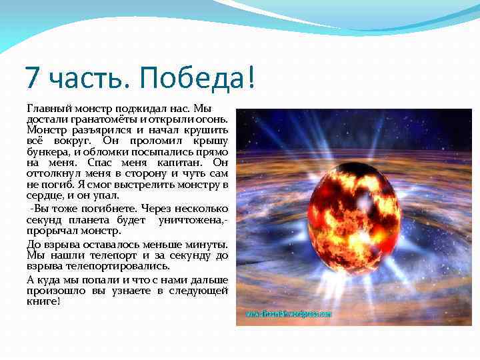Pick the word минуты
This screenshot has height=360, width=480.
pyautogui.click(x=207, y=244)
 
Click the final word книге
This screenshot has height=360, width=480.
pyautogui.click(x=43, y=301)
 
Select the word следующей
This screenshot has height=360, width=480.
pyautogui.click(x=199, y=291)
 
